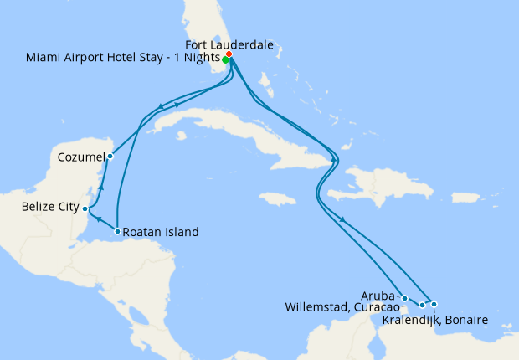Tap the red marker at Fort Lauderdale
click(x=229, y=55)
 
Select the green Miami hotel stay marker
click(x=226, y=60)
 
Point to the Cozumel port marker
click(x=110, y=156)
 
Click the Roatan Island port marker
click(x=117, y=231)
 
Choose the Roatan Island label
click(x=161, y=232)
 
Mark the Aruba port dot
click(x=404, y=298)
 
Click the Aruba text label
click(x=380, y=296)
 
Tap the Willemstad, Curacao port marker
click(x=423, y=305)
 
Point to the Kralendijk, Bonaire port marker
click(x=434, y=303)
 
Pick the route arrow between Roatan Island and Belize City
click(x=99, y=220)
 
